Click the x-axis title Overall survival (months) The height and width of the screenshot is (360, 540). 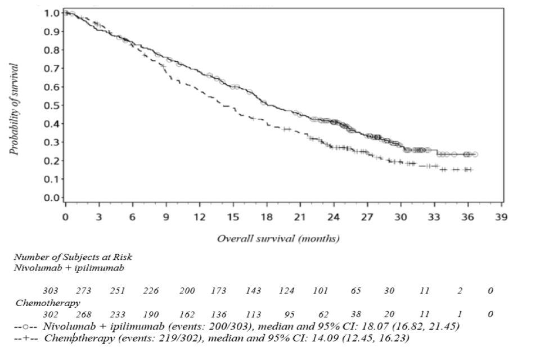pyautogui.click(x=278, y=238)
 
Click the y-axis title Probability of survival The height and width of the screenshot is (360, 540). pyautogui.click(x=15, y=109)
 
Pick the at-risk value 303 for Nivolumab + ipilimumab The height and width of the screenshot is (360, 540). pyautogui.click(x=50, y=291)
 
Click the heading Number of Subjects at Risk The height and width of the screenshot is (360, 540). pyautogui.click(x=73, y=256)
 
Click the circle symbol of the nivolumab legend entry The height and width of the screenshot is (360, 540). pyautogui.click(x=26, y=326)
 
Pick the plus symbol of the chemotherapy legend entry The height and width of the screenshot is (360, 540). pyautogui.click(x=26, y=338)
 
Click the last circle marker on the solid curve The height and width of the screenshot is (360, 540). pyautogui.click(x=475, y=154)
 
